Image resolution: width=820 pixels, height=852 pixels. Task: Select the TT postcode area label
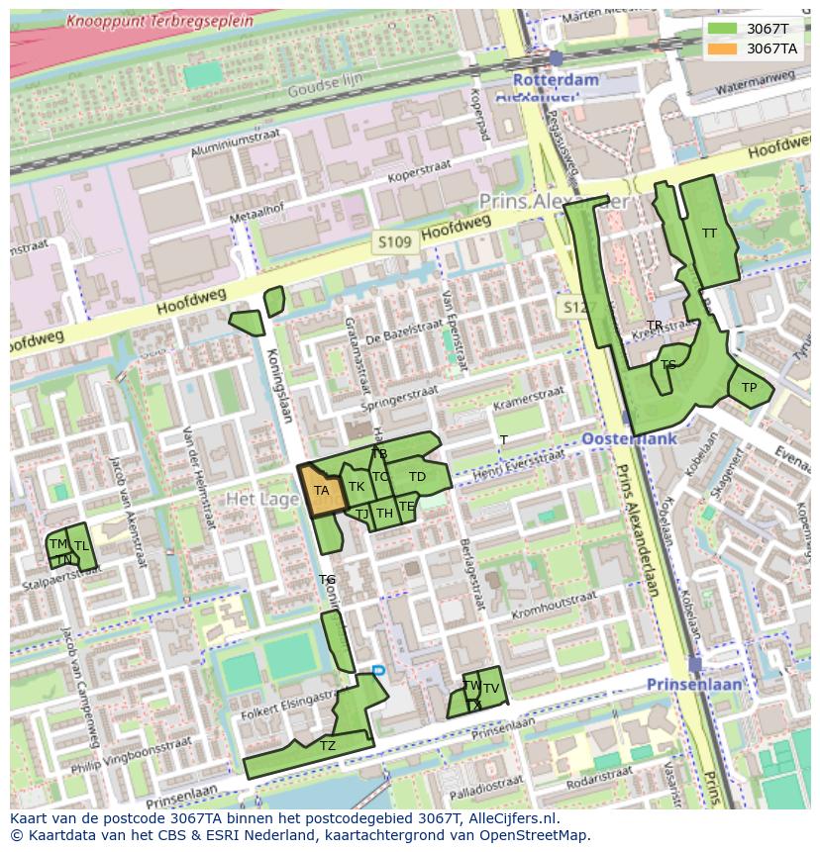click(709, 234)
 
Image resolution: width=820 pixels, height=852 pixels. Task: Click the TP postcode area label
click(749, 388)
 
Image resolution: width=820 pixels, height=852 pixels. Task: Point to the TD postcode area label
click(417, 477)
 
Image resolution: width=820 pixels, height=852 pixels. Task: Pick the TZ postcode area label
click(328, 746)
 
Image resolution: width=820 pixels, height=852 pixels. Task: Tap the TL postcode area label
click(81, 545)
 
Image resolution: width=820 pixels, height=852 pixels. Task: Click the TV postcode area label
click(490, 689)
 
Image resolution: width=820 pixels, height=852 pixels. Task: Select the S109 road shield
click(393, 241)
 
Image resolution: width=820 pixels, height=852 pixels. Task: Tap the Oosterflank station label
click(630, 438)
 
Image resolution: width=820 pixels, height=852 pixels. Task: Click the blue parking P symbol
click(378, 671)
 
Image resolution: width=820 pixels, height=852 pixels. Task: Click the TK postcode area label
click(357, 487)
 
